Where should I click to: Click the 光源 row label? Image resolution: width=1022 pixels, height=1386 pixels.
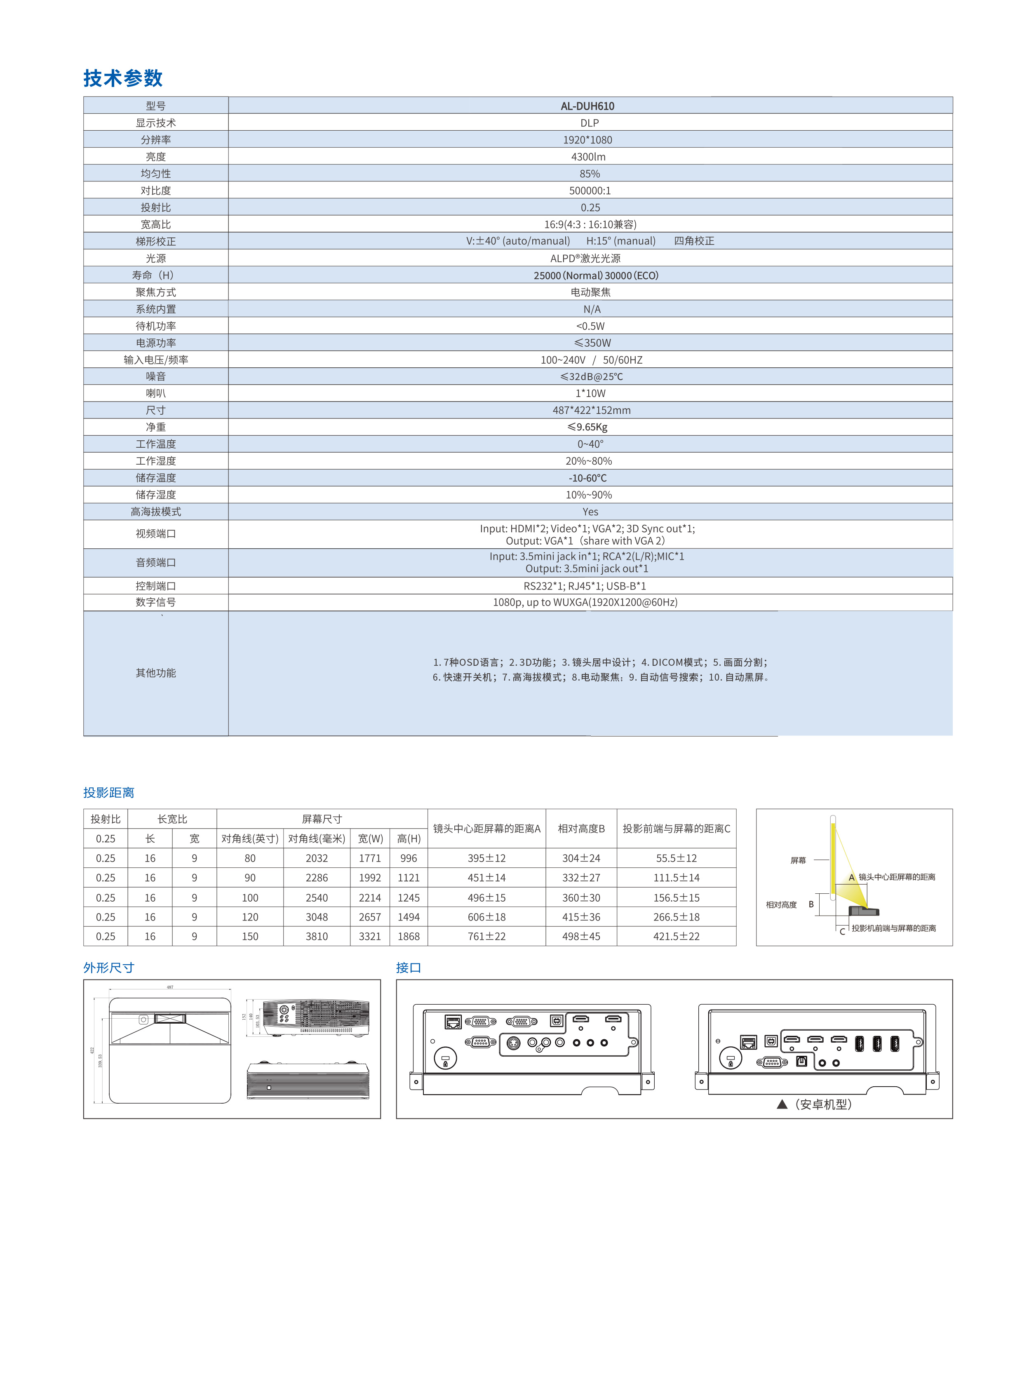156,258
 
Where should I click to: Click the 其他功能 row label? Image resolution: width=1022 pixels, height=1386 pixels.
156,673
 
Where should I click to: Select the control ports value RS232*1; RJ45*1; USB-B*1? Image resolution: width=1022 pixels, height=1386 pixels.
585,586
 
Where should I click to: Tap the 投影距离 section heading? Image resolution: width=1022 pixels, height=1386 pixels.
109,792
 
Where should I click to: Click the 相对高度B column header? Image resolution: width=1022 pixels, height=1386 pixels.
581,828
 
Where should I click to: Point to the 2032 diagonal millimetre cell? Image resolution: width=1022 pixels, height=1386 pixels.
316,858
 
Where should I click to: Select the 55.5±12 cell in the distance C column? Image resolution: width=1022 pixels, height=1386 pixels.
676,858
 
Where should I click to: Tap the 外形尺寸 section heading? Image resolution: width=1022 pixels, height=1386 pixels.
109,967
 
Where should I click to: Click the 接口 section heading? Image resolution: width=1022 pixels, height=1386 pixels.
408,967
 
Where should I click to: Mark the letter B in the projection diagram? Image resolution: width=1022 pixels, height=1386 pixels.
811,904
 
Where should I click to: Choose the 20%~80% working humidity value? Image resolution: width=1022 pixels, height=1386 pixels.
588,461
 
